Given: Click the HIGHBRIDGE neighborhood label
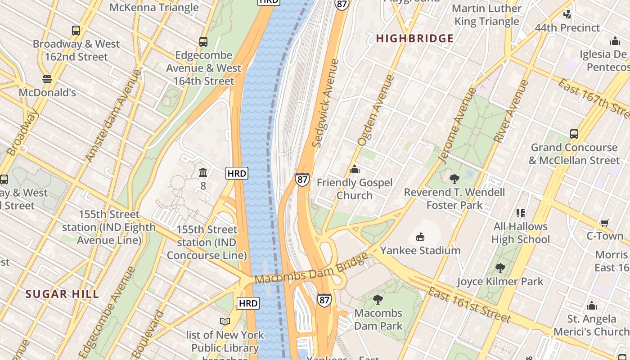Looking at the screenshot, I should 414,39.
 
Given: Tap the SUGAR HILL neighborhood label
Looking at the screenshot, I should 62,294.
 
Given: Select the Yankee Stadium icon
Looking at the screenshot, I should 420,237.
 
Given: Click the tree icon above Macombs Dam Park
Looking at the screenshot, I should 378,299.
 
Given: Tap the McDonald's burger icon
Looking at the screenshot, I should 47,79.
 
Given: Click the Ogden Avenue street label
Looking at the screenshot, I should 375,110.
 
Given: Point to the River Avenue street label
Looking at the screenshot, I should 511,111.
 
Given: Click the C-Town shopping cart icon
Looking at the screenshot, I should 605,223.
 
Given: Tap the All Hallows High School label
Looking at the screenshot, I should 520,233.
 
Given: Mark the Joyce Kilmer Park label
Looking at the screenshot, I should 500,282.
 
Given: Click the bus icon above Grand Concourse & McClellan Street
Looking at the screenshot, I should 574,134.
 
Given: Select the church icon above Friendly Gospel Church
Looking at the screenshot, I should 355,169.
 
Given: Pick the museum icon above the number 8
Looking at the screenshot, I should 203,172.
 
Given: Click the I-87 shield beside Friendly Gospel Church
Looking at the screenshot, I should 302,180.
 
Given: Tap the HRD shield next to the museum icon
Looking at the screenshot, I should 237,173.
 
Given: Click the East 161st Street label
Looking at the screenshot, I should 469,306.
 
